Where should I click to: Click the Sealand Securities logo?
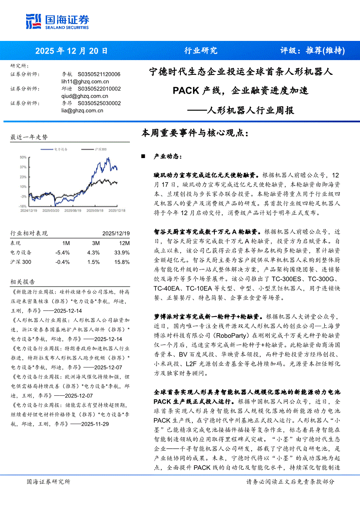coord(58,20)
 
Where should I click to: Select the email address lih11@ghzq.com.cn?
coord(85,81)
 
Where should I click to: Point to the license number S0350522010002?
coord(99,89)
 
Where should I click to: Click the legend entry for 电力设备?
coord(58,149)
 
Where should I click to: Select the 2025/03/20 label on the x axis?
coord(51,210)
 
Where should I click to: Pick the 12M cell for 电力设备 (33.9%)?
coord(122,253)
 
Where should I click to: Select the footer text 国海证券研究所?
coord(48,482)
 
